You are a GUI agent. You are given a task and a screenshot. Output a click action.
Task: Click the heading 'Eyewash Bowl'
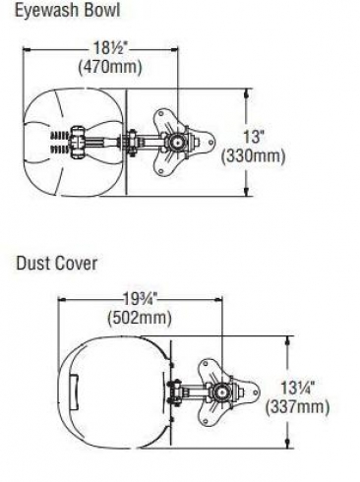68,10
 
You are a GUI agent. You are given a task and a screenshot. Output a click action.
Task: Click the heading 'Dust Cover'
57,264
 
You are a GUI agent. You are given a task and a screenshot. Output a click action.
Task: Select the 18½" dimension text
109,48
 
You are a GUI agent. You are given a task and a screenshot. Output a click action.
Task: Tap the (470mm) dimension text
110,67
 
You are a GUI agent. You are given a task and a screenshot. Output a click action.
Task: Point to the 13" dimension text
254,136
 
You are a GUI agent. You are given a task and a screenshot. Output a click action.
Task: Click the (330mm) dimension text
253,155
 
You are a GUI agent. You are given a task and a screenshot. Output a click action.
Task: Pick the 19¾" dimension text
141,299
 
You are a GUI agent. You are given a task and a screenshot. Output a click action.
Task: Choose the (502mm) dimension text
140,318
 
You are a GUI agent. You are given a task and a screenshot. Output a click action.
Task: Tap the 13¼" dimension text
298,388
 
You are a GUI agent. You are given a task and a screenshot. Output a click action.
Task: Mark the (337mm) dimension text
297,407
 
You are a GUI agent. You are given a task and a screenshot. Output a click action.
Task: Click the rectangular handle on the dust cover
74,392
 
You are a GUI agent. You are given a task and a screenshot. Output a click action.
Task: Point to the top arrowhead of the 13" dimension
247,92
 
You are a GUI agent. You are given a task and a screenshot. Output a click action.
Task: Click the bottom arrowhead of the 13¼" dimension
288,444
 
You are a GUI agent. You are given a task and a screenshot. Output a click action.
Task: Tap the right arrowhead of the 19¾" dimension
218,299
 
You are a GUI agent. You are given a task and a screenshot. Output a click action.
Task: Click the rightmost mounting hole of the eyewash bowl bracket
211,143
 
